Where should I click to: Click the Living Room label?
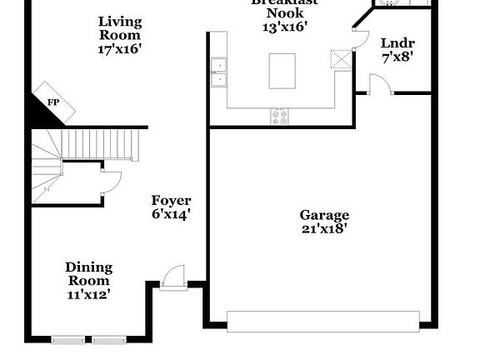click(120, 28)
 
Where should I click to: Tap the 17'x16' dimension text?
click(120, 48)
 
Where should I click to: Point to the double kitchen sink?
click(218, 72)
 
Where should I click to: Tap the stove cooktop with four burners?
click(279, 117)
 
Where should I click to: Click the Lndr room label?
click(397, 43)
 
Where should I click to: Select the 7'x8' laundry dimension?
click(397, 58)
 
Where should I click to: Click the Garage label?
click(324, 215)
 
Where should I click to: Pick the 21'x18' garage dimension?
click(324, 228)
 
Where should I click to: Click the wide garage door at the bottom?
click(323, 321)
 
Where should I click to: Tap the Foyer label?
click(171, 201)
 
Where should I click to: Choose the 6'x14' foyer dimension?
click(171, 214)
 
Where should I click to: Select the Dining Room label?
click(89, 273)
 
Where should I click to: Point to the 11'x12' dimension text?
click(89, 293)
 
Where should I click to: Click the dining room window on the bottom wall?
click(88, 339)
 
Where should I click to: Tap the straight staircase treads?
click(100, 144)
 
